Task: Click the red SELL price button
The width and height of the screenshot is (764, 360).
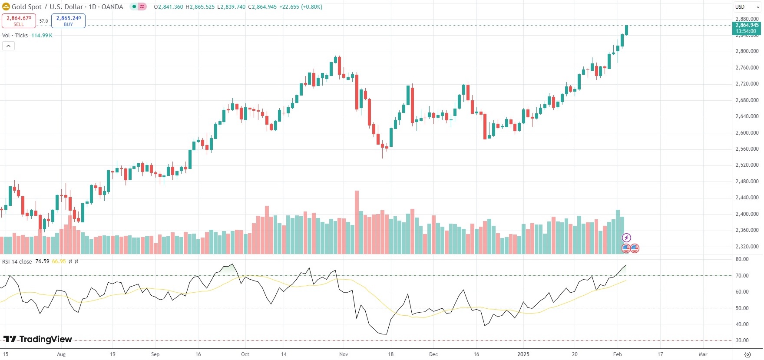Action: click(x=19, y=20)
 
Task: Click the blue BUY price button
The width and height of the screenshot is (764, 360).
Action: click(x=68, y=20)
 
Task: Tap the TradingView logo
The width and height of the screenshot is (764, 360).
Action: click(x=38, y=339)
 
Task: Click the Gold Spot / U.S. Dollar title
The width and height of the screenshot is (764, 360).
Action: click(x=67, y=7)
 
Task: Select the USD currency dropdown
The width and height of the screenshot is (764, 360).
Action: click(x=747, y=7)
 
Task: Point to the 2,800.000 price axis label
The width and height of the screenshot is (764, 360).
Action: click(x=747, y=51)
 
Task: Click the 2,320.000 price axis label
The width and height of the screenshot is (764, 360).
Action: click(x=747, y=247)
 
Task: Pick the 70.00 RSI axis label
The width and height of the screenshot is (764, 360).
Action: click(x=742, y=276)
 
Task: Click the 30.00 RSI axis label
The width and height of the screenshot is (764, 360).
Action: click(x=742, y=340)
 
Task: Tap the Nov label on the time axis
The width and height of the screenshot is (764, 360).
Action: click(x=344, y=354)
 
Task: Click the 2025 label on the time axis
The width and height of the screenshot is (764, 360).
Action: click(x=523, y=354)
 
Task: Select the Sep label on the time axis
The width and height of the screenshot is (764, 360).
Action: click(x=155, y=354)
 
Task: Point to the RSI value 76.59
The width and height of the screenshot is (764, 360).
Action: click(x=42, y=261)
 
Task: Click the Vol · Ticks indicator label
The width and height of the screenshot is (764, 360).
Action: click(x=15, y=36)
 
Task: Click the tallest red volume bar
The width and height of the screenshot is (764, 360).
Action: click(x=357, y=221)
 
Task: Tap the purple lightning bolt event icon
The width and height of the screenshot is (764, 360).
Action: click(x=626, y=238)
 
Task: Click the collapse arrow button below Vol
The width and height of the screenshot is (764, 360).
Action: click(x=8, y=46)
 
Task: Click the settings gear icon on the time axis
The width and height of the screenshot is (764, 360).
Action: click(x=747, y=354)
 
